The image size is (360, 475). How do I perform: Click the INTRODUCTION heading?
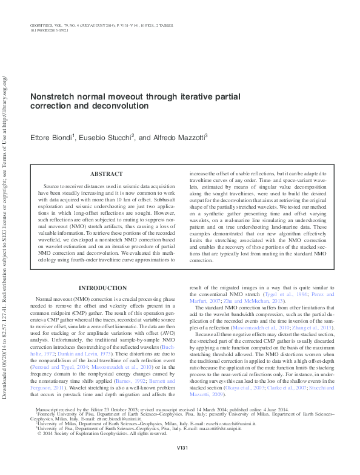103,288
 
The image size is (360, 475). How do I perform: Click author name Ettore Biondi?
52,139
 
